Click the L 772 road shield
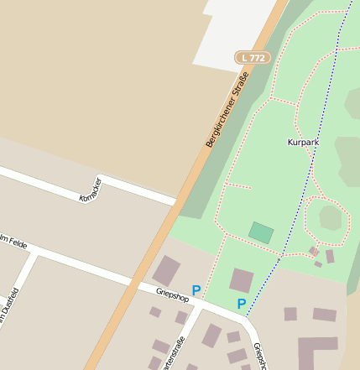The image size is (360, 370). pos(252,57)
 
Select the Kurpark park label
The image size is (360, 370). pos(303,143)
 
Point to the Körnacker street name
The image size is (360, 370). pos(90,190)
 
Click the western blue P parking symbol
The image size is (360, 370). pos(196,290)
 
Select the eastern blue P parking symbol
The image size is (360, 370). pos(241,304)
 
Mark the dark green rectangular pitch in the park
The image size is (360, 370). pos(261,232)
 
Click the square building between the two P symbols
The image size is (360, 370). pos(242,280)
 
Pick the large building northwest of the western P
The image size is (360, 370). pos(166,270)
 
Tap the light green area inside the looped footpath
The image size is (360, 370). pos(330,217)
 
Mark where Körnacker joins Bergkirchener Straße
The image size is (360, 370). pos(175,202)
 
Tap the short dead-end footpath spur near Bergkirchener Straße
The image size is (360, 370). pos(240,185)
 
